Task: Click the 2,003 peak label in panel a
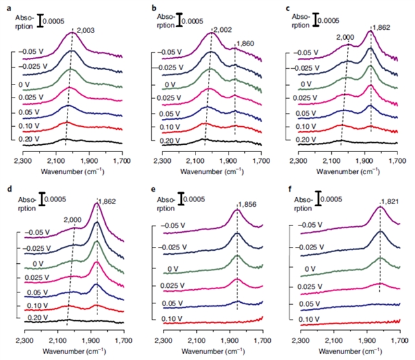[86, 29]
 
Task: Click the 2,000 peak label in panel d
[73, 221]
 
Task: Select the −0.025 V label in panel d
[29, 247]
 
